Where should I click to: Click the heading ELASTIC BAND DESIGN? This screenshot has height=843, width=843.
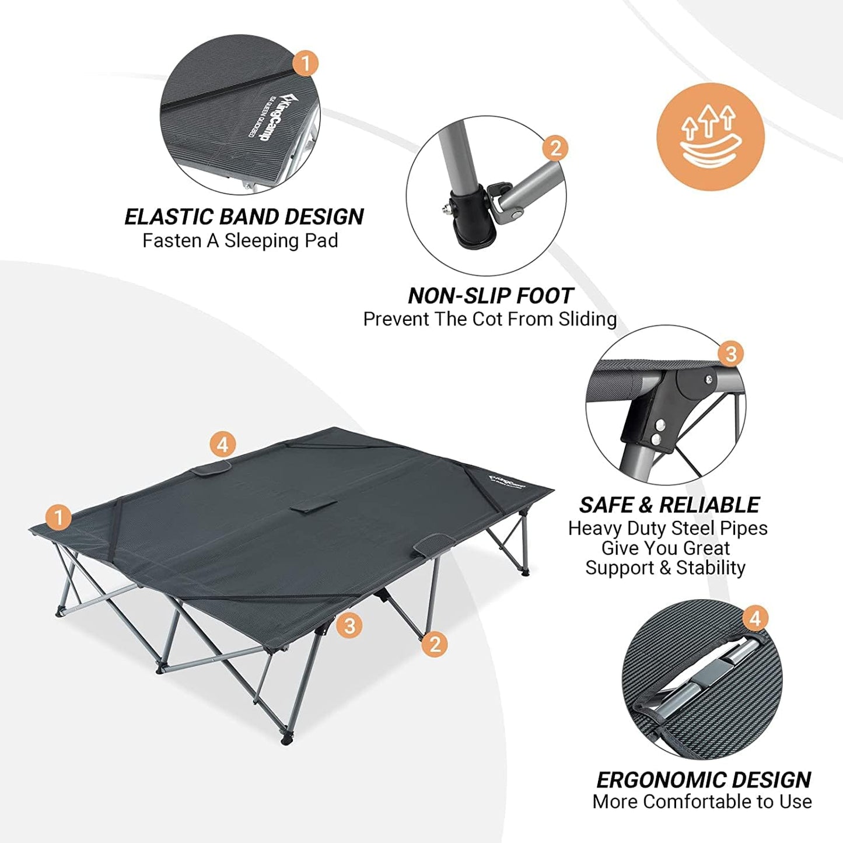coord(244,217)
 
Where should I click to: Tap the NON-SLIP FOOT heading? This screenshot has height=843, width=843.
coord(491,296)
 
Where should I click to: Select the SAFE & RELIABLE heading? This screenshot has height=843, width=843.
coord(669,505)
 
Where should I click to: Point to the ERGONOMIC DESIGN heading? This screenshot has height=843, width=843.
coord(703,780)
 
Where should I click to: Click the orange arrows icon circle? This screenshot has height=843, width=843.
coord(710,137)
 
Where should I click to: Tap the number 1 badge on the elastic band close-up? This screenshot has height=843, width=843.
coord(305,63)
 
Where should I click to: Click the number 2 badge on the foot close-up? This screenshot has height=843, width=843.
coord(555,149)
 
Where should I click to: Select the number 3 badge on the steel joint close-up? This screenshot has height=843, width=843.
coord(730,354)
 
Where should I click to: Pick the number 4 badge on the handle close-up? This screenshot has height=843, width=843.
coord(755,618)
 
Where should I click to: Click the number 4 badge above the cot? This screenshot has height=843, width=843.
coord(222,445)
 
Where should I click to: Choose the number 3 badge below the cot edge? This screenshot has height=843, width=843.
coord(349,626)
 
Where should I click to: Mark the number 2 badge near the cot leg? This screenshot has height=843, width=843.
coord(434,644)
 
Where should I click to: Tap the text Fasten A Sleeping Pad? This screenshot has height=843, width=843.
coord(240,240)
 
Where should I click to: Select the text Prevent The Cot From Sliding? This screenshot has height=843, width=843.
coord(489,319)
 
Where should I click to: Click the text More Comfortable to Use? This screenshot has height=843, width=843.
coord(702,802)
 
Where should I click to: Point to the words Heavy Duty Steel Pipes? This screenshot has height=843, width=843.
coord(667,529)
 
